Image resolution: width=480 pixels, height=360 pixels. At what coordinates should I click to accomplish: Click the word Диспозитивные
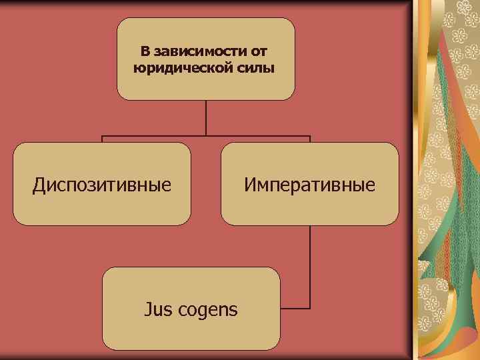[101, 184]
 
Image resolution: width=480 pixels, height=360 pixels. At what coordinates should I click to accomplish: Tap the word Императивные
[309, 184]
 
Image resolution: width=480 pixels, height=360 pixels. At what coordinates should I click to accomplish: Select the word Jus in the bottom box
[158, 309]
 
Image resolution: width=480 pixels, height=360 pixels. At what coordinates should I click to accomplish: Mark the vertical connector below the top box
[205, 119]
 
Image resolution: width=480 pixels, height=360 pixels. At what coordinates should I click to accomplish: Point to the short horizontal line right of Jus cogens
[295, 309]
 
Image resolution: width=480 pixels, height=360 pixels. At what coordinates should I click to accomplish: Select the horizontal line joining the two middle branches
[205, 137]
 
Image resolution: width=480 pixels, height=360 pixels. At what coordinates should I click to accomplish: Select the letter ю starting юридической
[138, 69]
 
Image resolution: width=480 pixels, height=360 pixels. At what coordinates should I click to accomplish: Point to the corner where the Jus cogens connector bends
[310, 309]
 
